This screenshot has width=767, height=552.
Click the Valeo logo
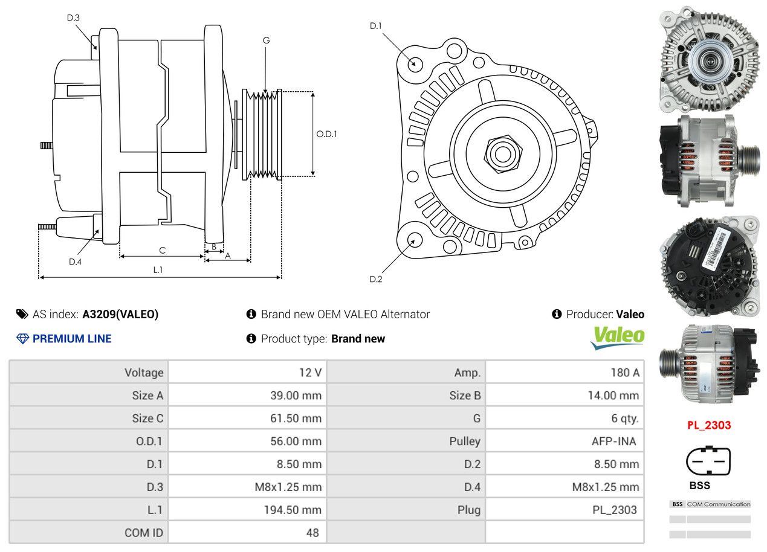(618, 338)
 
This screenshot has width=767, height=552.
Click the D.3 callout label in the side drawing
(73, 18)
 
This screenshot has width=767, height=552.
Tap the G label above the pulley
(266, 40)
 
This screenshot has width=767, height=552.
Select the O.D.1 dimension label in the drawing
(326, 134)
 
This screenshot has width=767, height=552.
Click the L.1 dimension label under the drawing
(158, 270)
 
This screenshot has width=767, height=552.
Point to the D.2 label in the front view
(376, 279)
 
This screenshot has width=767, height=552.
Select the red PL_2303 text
(709, 425)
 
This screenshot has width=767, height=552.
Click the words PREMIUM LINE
(72, 339)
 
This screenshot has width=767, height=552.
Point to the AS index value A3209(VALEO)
(120, 314)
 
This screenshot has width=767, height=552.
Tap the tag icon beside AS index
(22, 314)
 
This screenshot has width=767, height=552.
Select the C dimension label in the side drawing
(162, 250)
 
